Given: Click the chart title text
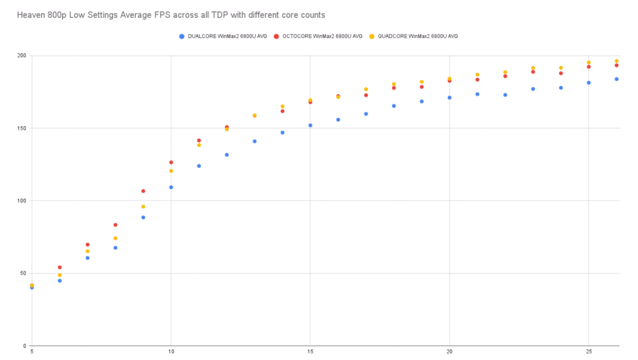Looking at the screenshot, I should pos(171,15).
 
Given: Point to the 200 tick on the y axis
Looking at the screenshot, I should pos(21,56).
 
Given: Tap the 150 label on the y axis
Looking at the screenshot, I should pos(21,128).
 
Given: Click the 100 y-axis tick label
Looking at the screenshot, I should pos(21,201).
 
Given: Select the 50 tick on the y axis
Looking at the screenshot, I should pos(23,273).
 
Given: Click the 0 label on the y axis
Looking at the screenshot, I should pos(25,346).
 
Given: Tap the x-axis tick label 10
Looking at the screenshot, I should pos(171,352).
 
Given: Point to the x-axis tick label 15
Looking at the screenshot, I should pos(310,352).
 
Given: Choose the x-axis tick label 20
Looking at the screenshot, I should pos(449,352).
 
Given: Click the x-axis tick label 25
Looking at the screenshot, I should pos(589,352).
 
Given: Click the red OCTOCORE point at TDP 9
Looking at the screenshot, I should pos(143,191).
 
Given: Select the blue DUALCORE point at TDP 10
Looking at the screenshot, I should pos(171,187).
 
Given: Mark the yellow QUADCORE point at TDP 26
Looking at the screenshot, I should pos(616,61).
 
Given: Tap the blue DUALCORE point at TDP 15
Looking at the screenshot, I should pos(310,125).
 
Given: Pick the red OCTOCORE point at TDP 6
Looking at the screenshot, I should pos(60,267).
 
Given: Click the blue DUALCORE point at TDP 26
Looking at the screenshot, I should pos(616,79).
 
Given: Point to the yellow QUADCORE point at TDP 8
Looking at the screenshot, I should pos(115,238).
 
